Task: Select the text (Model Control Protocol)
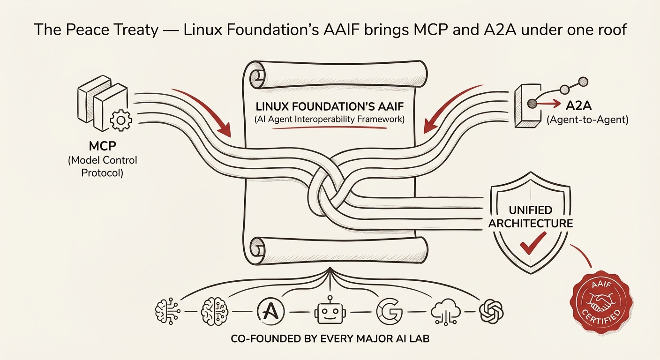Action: point(102,166)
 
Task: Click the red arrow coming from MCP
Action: point(206,110)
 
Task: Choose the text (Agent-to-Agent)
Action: point(587,120)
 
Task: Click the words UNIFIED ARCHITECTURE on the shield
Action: point(531,216)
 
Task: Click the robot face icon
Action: point(325,311)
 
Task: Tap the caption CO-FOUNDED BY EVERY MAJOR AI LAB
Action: point(330,338)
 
